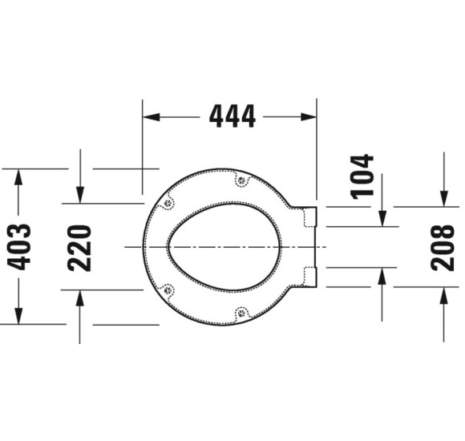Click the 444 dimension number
click(x=232, y=116)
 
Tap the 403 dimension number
click(x=19, y=247)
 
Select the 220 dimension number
click(x=79, y=249)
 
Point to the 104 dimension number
click(x=362, y=176)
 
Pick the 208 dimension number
click(x=443, y=248)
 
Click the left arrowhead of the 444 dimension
click(x=152, y=117)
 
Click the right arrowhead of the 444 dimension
click(x=309, y=117)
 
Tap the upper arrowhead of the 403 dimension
click(x=18, y=177)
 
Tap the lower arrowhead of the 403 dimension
click(x=18, y=316)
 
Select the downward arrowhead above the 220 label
click(x=80, y=195)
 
